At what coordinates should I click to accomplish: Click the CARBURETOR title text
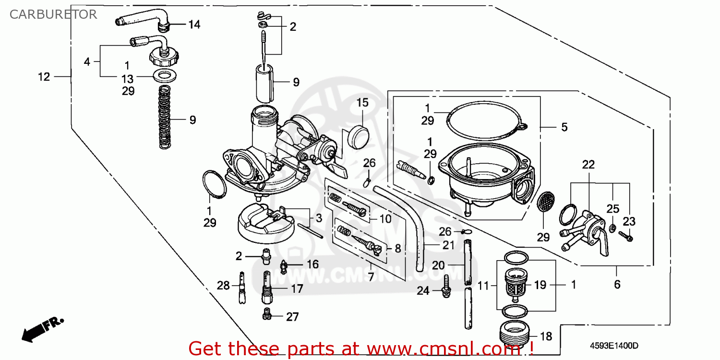pyautogui.click(x=53, y=14)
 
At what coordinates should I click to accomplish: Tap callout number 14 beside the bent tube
pyautogui.click(x=194, y=24)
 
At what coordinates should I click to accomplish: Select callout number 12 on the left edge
pyautogui.click(x=44, y=76)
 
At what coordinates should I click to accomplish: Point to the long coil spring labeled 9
pyautogui.click(x=165, y=118)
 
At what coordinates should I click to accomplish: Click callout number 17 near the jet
pyautogui.click(x=297, y=289)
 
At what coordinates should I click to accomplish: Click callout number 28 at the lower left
pyautogui.click(x=223, y=286)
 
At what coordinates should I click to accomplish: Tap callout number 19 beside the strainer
pyautogui.click(x=540, y=285)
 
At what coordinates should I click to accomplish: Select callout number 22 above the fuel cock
pyautogui.click(x=588, y=165)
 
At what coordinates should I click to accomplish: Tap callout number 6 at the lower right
pyautogui.click(x=617, y=285)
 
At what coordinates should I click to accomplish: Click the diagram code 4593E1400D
pyautogui.click(x=614, y=346)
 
